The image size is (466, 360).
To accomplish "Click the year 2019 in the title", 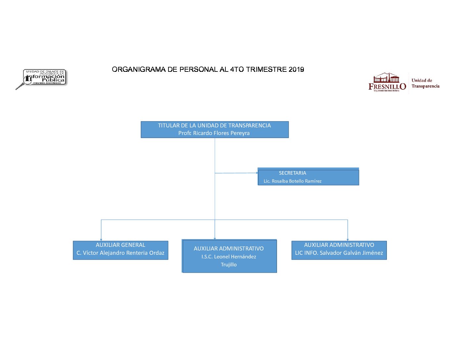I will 296,69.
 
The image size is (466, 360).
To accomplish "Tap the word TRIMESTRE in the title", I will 266,69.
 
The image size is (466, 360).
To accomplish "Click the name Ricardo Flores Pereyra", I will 221,133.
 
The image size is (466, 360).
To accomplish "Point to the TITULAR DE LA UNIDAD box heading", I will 214,125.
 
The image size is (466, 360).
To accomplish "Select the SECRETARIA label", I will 292,173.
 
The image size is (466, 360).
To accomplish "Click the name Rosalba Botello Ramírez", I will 296,181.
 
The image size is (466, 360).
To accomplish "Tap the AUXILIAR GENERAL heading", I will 120,245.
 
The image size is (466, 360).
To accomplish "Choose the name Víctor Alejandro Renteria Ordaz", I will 123,253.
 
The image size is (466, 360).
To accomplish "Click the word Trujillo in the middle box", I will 229,264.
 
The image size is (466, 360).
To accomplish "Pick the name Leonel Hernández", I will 235,256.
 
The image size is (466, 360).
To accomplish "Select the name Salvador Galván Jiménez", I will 351,253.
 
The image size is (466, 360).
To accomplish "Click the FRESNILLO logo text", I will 387,86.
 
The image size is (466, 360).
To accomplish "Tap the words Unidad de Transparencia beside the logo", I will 425,83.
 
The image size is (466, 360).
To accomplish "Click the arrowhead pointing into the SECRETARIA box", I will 257,173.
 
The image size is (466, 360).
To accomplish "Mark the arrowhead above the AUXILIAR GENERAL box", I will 101,240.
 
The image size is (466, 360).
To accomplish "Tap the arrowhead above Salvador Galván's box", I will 348,240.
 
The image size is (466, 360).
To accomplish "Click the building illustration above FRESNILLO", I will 386,78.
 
